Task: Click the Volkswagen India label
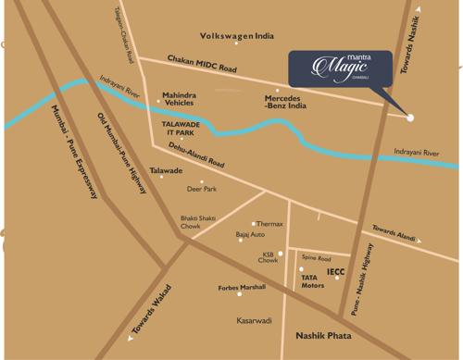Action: click(x=237, y=36)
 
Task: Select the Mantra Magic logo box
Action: click(x=338, y=68)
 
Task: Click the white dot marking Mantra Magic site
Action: click(x=410, y=118)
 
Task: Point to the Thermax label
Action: click(x=269, y=224)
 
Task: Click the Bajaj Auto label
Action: click(x=250, y=235)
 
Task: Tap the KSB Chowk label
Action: click(x=268, y=257)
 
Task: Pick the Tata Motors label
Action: click(x=312, y=281)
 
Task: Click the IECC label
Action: click(x=335, y=271)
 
